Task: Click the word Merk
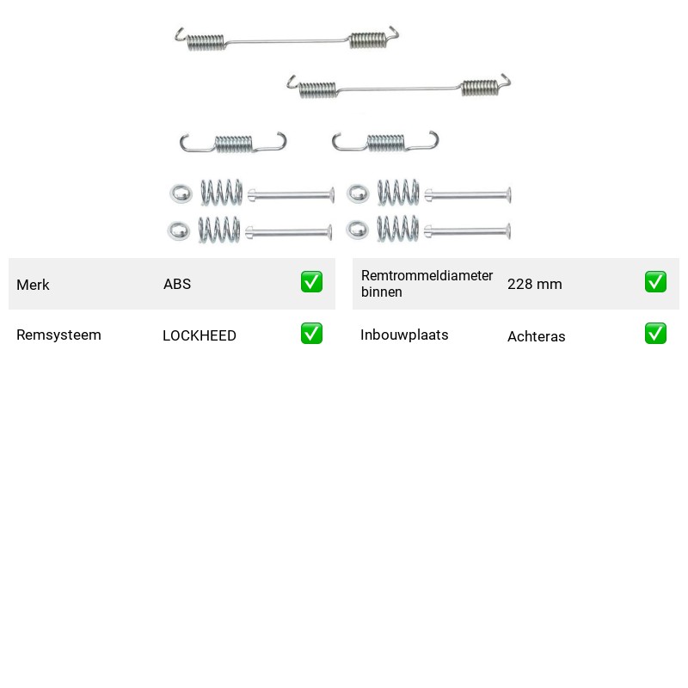coord(33,285)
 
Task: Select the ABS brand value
coord(177,284)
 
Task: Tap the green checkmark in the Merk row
coord(311,282)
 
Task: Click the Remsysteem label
coord(58,335)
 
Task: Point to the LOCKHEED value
coord(200,335)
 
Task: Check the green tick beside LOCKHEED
coord(311,334)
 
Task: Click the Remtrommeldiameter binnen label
coord(427,284)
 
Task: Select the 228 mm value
coord(534,284)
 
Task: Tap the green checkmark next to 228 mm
coord(655,282)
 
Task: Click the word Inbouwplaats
coord(404,335)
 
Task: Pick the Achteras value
coord(536,336)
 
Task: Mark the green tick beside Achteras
coord(655,334)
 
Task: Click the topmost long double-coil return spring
coord(287,41)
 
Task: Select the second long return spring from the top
coord(399,89)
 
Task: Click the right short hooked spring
coord(385,143)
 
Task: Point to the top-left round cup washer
coord(181,194)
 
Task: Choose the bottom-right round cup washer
coord(358,230)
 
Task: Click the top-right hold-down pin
coord(467,195)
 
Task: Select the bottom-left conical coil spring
coord(219,230)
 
